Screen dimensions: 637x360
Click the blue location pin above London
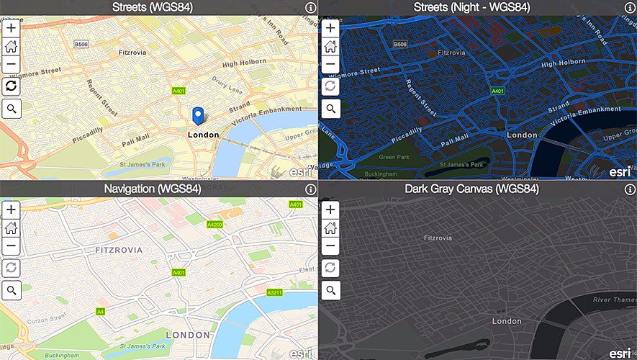pyautogui.click(x=197, y=115)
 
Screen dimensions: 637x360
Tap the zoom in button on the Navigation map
pyautogui.click(x=12, y=210)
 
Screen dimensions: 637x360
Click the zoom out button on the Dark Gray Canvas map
pyautogui.click(x=330, y=246)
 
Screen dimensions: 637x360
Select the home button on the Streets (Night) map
pyautogui.click(x=330, y=46)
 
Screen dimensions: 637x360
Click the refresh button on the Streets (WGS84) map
pyautogui.click(x=12, y=86)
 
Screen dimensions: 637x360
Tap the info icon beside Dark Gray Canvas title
pyautogui.click(x=629, y=189)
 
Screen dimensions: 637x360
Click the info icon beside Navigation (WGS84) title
pyautogui.click(x=310, y=189)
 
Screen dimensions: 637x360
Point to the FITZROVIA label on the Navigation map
pyautogui.click(x=119, y=250)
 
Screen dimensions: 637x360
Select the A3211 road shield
pyautogui.click(x=274, y=293)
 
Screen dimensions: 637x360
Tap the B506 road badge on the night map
pyautogui.click(x=400, y=45)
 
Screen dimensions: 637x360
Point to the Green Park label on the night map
pyautogui.click(x=394, y=157)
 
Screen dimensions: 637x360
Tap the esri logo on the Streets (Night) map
pyautogui.click(x=620, y=172)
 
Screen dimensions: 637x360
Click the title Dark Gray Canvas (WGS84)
pyautogui.click(x=471, y=189)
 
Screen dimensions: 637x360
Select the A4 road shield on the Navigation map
pyautogui.click(x=100, y=311)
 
